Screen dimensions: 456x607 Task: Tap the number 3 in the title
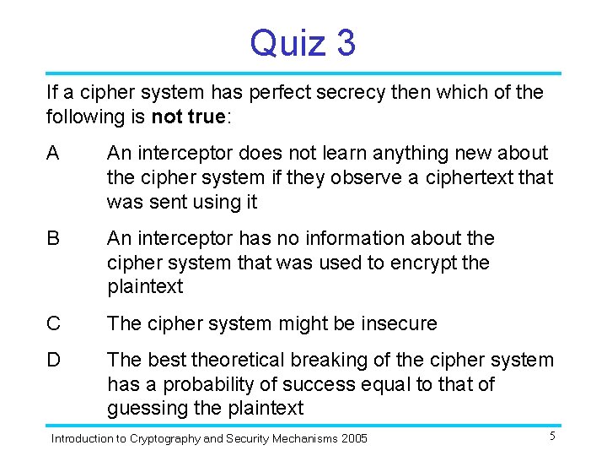[346, 42]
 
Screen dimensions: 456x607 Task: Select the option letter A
[53, 154]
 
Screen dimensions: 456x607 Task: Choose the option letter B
[53, 239]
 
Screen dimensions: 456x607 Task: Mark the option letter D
[54, 361]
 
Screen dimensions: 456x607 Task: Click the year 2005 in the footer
[354, 438]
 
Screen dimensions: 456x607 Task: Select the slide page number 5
[551, 437]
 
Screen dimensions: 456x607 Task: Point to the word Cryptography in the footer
[158, 438]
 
